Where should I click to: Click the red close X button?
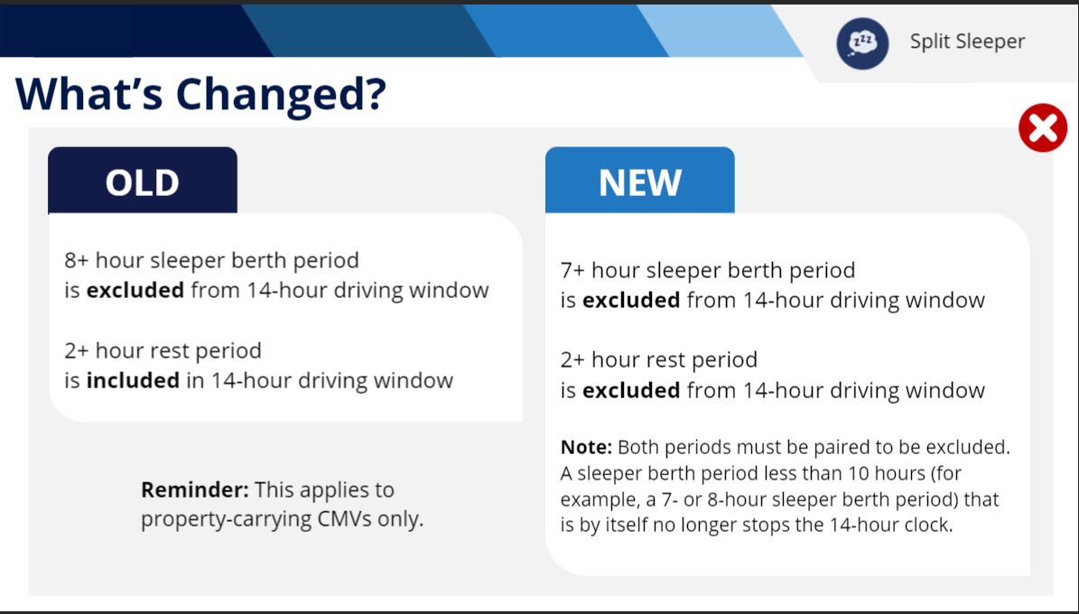[1043, 127]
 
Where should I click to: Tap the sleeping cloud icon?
[862, 42]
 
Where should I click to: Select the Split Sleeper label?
[968, 42]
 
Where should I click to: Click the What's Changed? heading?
[200, 94]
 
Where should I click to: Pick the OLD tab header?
[143, 180]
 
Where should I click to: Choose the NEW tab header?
[640, 180]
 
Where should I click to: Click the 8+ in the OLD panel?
[77, 260]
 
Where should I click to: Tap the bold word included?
[133, 380]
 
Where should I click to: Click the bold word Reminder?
[195, 489]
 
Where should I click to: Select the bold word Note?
[586, 448]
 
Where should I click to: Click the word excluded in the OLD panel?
[135, 290]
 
